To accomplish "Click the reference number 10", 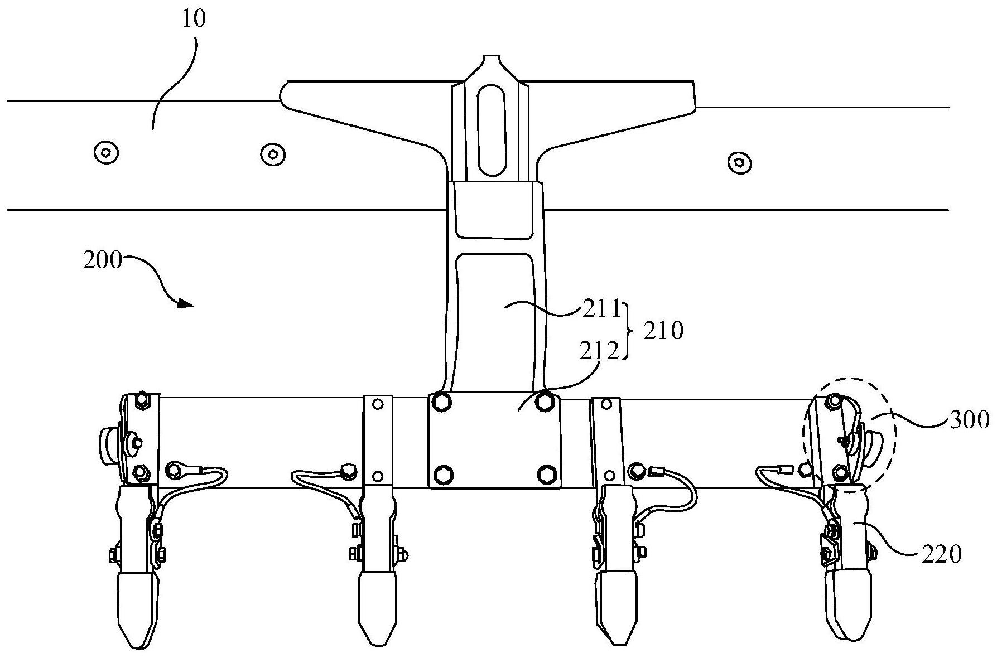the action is (x=194, y=18).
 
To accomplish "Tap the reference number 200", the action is (x=102, y=260).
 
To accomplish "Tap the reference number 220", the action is (x=942, y=554).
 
